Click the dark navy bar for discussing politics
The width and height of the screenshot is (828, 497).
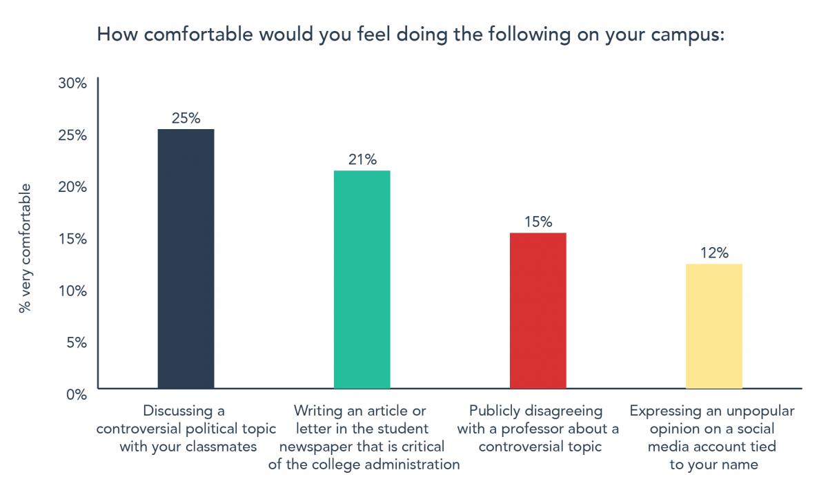click(x=186, y=259)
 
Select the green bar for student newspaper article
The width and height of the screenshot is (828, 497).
click(x=362, y=280)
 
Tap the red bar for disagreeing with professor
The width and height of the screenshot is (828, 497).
click(x=538, y=311)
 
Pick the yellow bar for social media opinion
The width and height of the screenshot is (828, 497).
click(x=713, y=326)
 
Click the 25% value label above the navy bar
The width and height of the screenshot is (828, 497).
click(x=186, y=118)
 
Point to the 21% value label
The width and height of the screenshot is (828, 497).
click(x=362, y=159)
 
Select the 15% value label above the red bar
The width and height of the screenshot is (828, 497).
click(x=538, y=222)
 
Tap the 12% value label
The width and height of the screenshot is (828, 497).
click(x=713, y=253)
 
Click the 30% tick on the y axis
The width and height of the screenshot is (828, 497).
click(x=72, y=84)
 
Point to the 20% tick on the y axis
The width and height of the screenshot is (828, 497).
click(x=72, y=187)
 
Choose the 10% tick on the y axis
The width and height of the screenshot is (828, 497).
click(x=72, y=291)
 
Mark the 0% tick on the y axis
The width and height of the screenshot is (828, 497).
click(x=75, y=394)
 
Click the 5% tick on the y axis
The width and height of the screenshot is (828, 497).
click(x=75, y=342)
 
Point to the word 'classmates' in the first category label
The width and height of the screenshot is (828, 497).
click(x=222, y=447)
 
